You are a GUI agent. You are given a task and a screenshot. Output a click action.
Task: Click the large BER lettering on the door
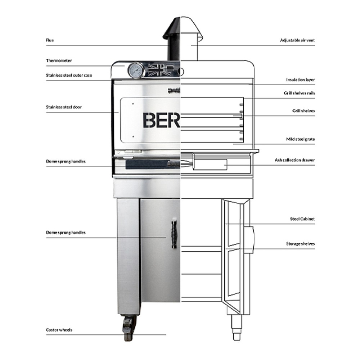click(161, 120)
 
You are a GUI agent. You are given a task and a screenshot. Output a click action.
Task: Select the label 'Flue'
click(50, 40)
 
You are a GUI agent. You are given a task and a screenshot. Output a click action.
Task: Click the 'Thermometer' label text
click(59, 60)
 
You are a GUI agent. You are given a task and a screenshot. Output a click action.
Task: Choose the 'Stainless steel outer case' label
click(69, 76)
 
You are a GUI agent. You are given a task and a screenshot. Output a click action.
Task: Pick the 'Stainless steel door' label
click(64, 107)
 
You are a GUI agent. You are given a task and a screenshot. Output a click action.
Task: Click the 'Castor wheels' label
click(59, 330)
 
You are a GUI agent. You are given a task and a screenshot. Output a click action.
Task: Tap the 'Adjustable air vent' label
click(297, 40)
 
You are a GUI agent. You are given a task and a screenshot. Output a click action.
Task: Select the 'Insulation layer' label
click(300, 80)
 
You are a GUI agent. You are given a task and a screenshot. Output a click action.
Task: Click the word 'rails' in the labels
click(310, 93)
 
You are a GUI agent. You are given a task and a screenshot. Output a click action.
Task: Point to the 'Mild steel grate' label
click(300, 139)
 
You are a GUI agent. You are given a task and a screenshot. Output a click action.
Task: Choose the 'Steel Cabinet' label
click(302, 219)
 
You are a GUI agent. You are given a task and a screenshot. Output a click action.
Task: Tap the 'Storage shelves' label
click(300, 244)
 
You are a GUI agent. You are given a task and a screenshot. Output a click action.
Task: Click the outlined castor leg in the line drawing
click(236, 328)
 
